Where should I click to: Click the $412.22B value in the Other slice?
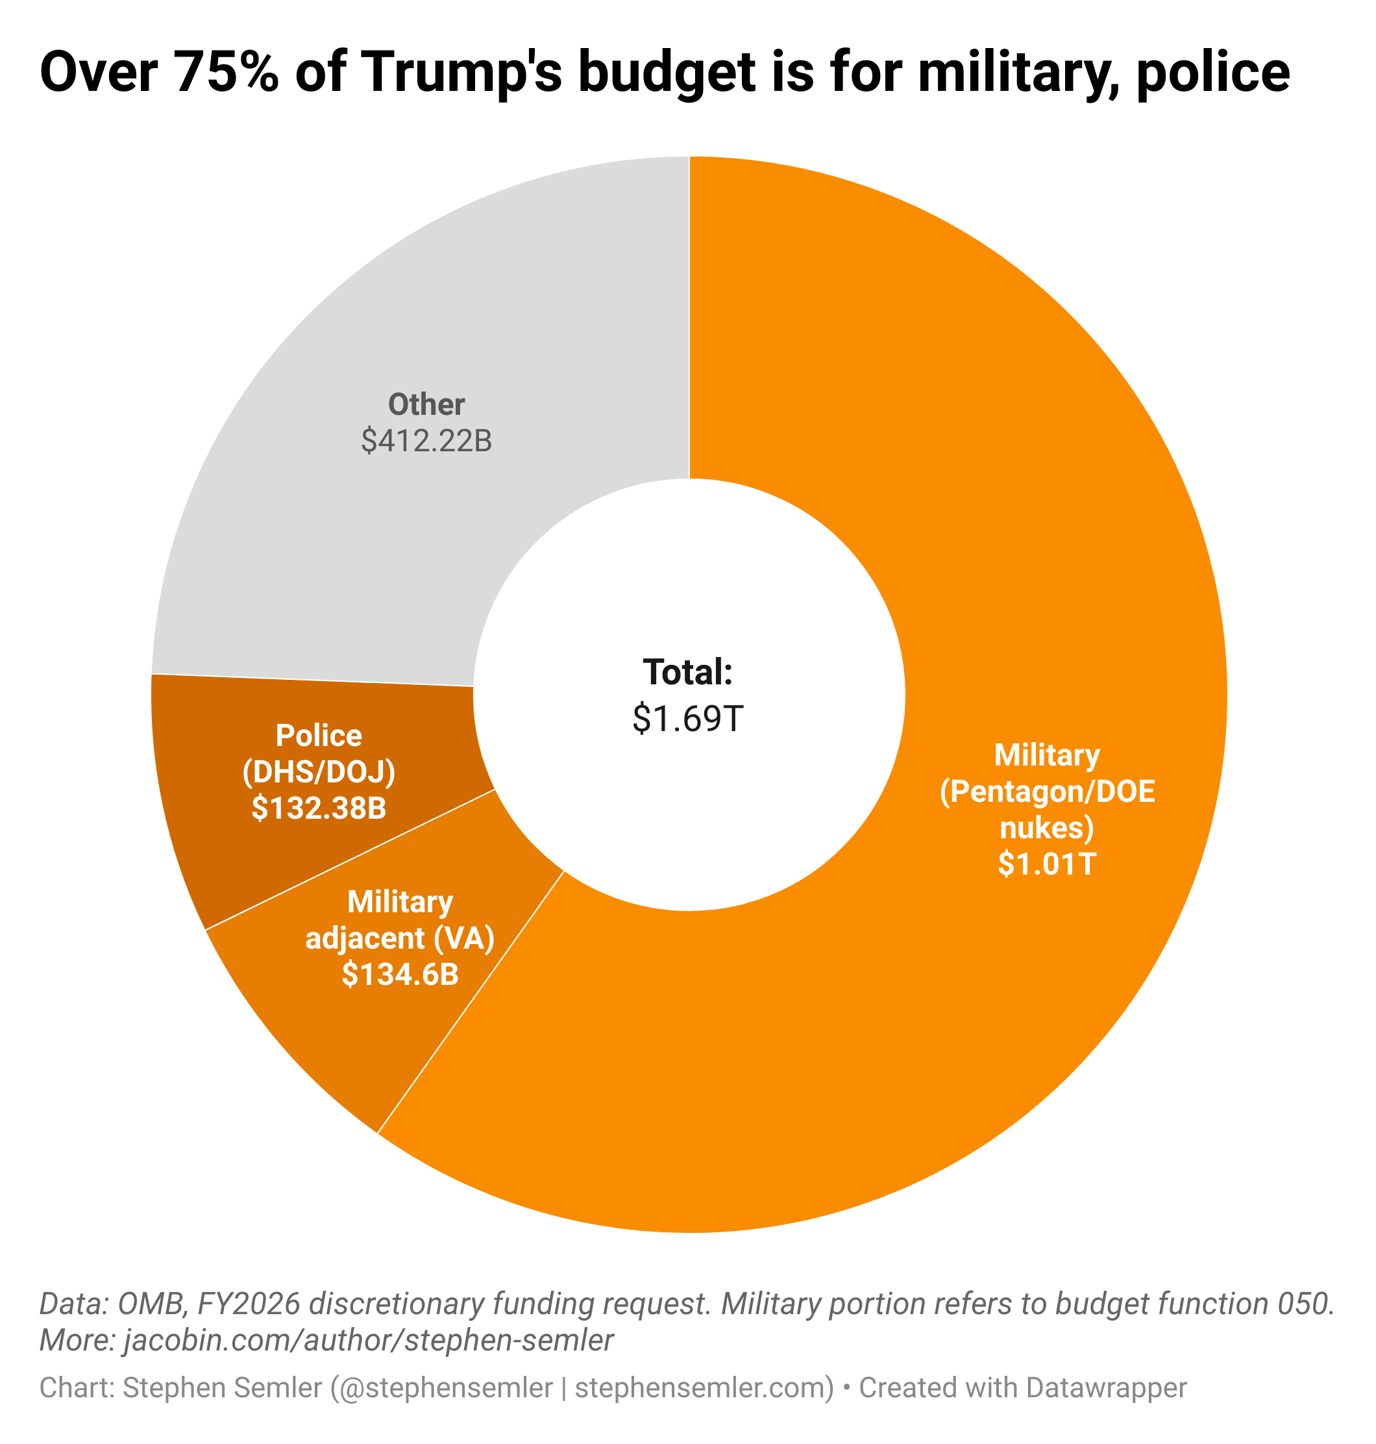coord(426,441)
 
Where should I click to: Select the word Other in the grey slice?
coord(426,405)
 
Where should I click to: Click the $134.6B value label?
coord(400,974)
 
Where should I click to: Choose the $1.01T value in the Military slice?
coord(1047,864)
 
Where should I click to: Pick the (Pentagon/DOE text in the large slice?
coord(1047,791)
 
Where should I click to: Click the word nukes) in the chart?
coord(1047,828)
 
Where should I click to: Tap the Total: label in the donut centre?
coord(688,672)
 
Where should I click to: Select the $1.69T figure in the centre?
coord(688,717)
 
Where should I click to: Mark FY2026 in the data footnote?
coord(249,1303)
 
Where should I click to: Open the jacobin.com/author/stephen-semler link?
coord(368,1340)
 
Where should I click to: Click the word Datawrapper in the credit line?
coord(1105,1388)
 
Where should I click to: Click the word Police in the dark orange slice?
coord(319,735)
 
